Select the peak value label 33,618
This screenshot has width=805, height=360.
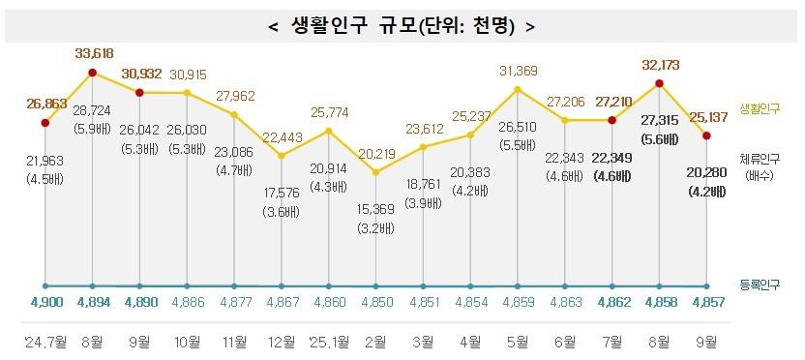[93, 54]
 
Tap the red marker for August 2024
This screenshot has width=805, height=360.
[92, 73]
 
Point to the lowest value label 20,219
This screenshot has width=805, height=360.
[376, 153]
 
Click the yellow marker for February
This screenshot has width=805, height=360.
[376, 172]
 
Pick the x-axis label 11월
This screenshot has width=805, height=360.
[234, 341]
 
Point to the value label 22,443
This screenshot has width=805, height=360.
[282, 135]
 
